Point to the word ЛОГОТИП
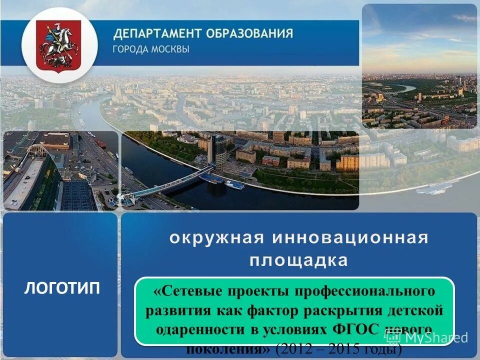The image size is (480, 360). (x=62, y=288)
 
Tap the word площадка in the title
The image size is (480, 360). (x=299, y=260)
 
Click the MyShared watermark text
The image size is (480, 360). (x=434, y=337)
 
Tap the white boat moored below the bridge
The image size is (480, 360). (x=234, y=184)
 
